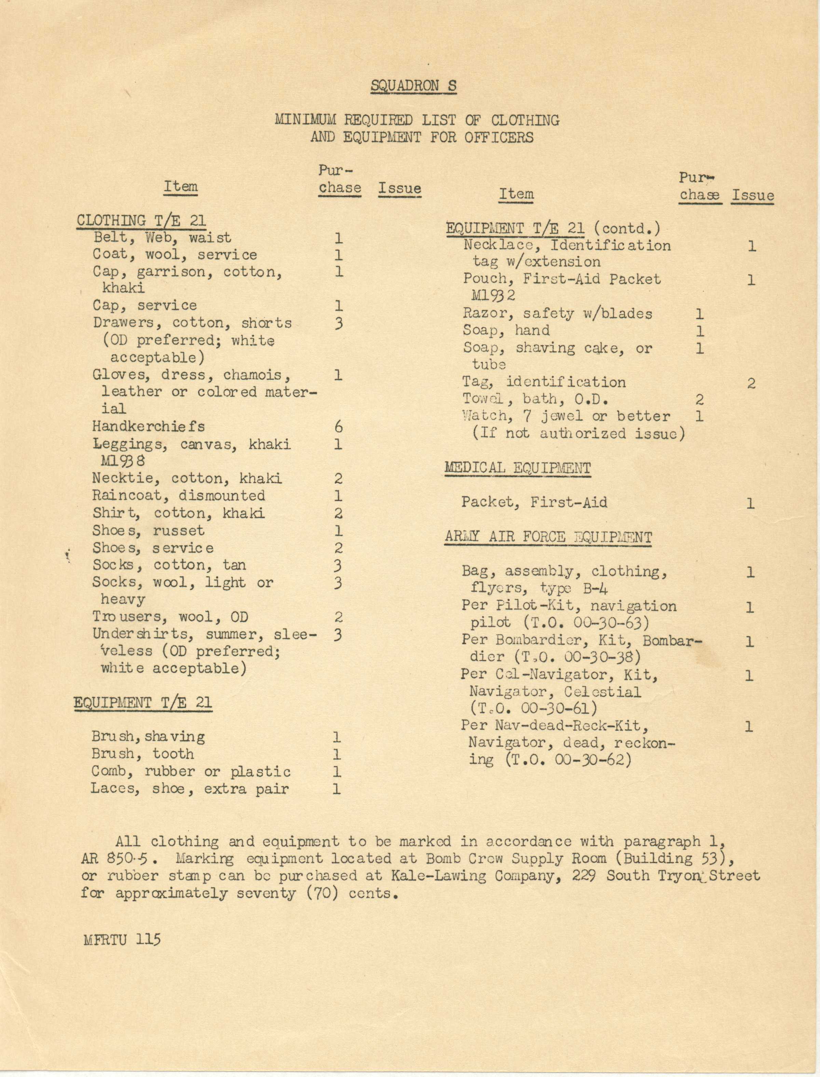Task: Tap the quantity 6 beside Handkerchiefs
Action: coord(338,427)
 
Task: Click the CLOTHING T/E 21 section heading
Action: coord(141,221)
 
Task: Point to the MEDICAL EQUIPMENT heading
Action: coord(517,468)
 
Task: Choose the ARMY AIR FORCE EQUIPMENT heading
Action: coord(548,537)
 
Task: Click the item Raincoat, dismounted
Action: coord(179,496)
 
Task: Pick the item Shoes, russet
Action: coord(148,530)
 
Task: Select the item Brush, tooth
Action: coord(142,754)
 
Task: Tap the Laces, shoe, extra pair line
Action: coord(190,789)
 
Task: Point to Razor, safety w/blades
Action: coord(557,314)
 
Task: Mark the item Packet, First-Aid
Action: coord(534,502)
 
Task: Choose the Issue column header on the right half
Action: coord(752,196)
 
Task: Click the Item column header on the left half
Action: coord(181,187)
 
